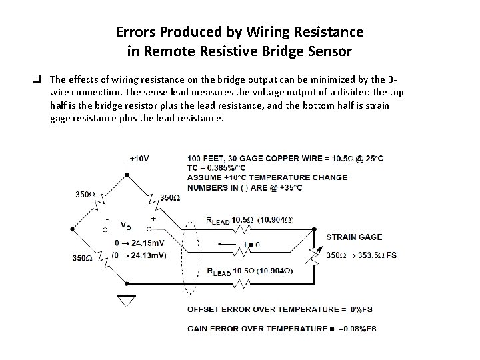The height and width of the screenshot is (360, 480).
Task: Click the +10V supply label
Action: pyautogui.click(x=139, y=159)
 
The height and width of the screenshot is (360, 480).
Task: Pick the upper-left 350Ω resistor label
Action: pyautogui.click(x=85, y=195)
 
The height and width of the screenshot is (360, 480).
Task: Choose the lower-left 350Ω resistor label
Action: pyautogui.click(x=83, y=257)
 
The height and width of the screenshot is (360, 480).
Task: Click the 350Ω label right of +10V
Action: pyautogui.click(x=170, y=198)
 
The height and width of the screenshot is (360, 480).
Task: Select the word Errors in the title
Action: pyautogui.click(x=137, y=31)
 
